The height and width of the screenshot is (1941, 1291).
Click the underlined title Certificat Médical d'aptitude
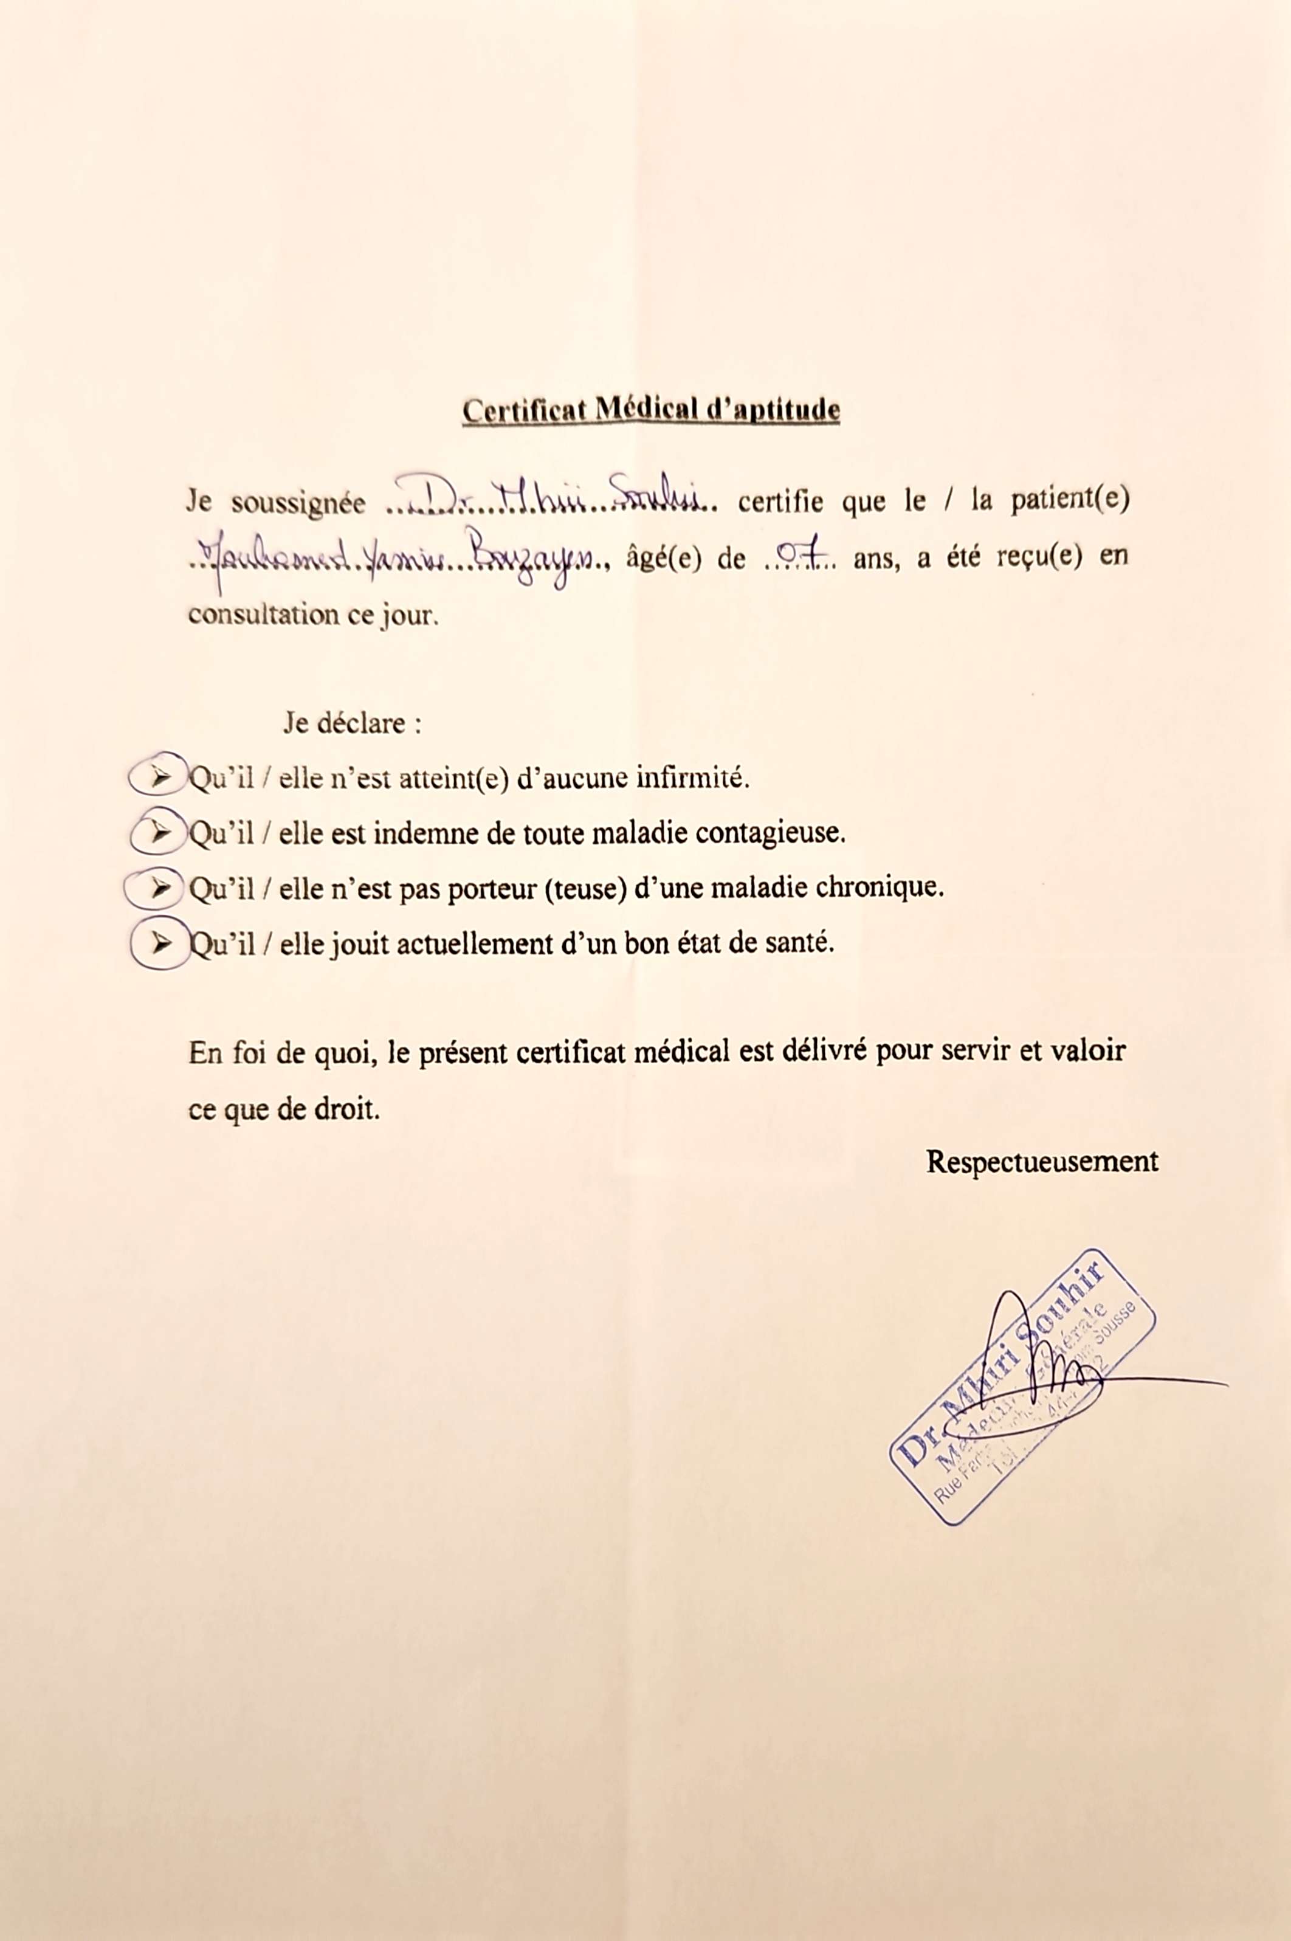click(x=650, y=410)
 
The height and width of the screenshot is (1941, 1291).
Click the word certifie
click(x=780, y=502)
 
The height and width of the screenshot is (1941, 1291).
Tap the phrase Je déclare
click(x=353, y=723)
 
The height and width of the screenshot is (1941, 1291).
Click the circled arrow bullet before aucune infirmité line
click(x=157, y=776)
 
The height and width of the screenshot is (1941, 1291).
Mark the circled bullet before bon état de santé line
click(x=159, y=942)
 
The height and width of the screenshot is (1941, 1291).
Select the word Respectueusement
click(x=1042, y=1161)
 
